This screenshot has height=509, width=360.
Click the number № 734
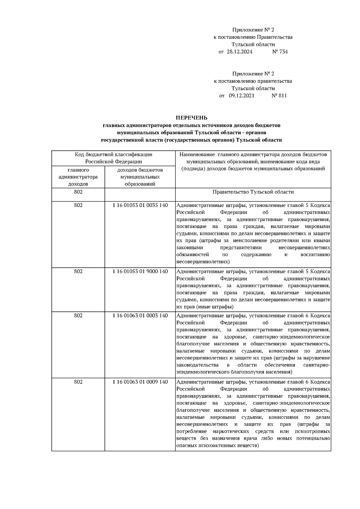point(280,52)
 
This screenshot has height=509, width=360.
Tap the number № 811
point(279,96)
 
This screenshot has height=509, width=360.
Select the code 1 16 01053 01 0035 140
point(140,205)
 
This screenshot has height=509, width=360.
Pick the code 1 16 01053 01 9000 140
point(140,271)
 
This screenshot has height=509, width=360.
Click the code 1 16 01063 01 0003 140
point(140,316)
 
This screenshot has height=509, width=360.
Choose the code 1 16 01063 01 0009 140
point(140,382)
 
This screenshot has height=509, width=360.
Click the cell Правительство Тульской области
point(253,192)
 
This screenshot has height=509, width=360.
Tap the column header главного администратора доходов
point(78,177)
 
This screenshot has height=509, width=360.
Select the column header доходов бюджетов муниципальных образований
point(140,177)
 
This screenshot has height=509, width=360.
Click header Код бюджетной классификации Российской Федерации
point(113,158)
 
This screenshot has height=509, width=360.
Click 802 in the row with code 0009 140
point(78,382)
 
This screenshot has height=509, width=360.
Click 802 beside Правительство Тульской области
point(78,192)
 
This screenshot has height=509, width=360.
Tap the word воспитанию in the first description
point(315,255)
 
